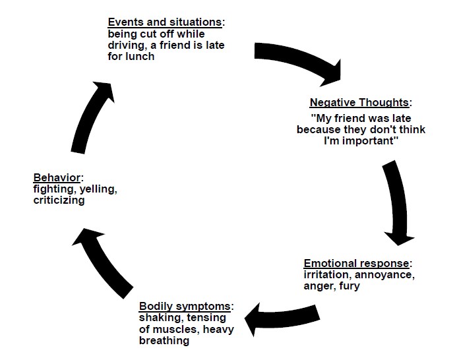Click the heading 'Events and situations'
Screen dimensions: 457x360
pyautogui.click(x=165, y=22)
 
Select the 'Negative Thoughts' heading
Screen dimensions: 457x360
pyautogui.click(x=359, y=103)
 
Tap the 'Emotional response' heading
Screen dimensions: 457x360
pyautogui.click(x=356, y=263)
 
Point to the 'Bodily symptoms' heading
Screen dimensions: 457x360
pyautogui.click(x=185, y=307)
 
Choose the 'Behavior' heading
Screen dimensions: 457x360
pyautogui.click(x=57, y=177)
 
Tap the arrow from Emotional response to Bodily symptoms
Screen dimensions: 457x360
pyautogui.click(x=281, y=318)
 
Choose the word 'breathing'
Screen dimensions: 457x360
pyautogui.click(x=164, y=341)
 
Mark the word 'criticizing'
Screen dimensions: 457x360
pyautogui.click(x=59, y=200)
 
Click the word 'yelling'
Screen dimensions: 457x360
pyautogui.click(x=98, y=189)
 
